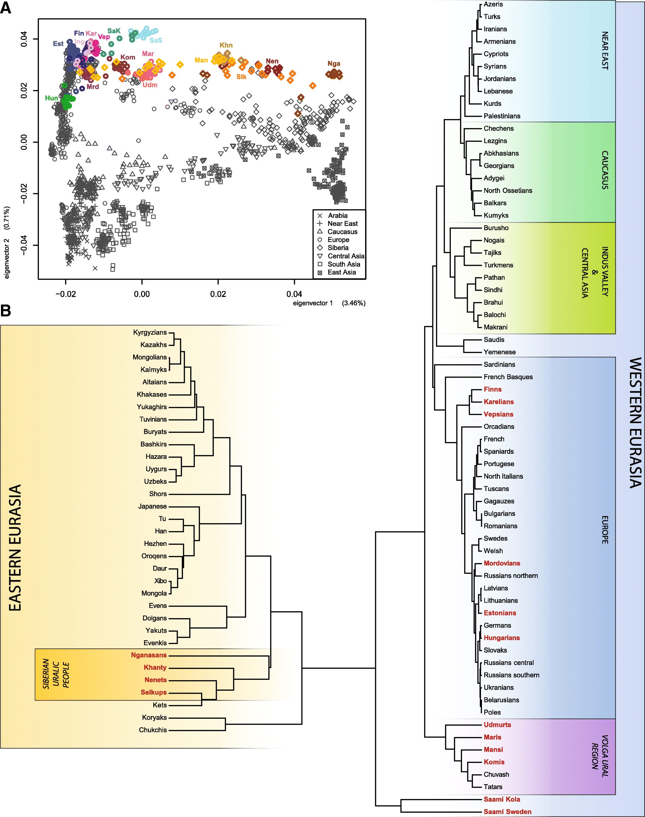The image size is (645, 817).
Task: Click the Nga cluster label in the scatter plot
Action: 334,63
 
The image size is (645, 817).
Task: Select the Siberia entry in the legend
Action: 337,248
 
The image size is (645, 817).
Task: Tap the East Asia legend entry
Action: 341,272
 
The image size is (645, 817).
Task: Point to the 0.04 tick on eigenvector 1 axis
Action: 294,294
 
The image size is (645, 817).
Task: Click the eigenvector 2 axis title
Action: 6,242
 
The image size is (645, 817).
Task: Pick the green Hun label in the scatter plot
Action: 51,98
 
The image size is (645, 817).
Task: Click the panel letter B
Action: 6,311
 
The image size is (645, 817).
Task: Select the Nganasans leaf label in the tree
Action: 149,655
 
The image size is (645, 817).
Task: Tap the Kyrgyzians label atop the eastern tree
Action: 150,332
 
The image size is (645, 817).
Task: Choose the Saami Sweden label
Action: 507,812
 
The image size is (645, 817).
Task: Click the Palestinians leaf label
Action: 502,116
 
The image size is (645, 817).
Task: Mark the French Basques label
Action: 508,377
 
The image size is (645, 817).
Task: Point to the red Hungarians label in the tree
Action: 502,638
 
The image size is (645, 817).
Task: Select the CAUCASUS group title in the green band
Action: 604,170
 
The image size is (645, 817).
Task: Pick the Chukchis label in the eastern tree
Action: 153,730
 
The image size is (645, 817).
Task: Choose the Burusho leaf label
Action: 496,228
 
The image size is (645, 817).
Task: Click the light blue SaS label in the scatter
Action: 156,41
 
